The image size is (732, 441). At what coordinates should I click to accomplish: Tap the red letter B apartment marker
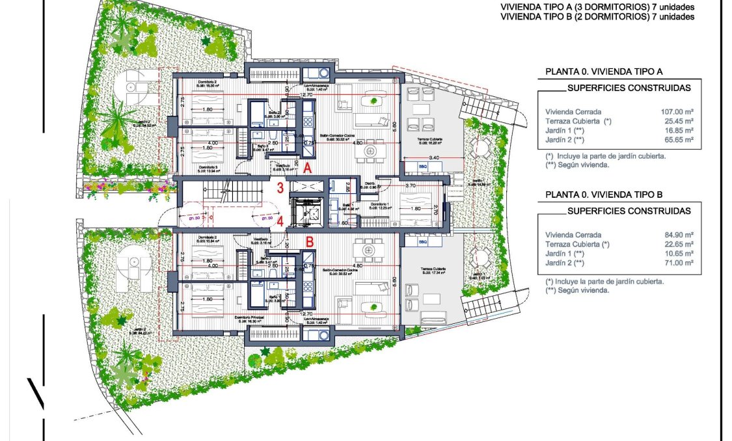[310, 241]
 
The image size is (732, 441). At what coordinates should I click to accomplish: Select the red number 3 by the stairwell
[280, 189]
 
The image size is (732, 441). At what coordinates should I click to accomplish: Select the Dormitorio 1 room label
[381, 204]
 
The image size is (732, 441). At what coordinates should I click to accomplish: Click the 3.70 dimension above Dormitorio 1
[410, 186]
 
